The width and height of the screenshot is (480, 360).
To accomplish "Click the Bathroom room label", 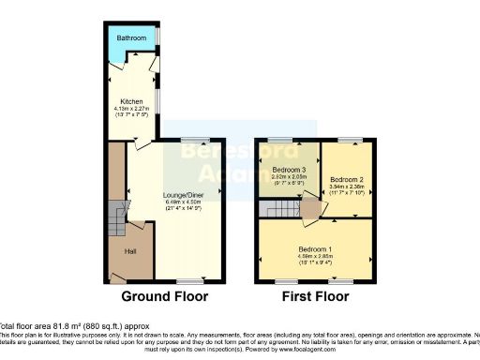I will click(x=132, y=38).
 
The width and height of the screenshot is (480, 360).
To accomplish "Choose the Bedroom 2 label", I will click(x=347, y=179).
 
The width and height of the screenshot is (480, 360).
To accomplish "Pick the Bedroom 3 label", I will click(x=288, y=170).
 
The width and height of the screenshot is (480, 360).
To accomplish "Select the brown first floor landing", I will click(x=309, y=210).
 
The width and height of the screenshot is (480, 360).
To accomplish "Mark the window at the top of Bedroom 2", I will click(x=350, y=141).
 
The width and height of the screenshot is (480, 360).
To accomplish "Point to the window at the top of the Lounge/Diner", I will click(x=196, y=141).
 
